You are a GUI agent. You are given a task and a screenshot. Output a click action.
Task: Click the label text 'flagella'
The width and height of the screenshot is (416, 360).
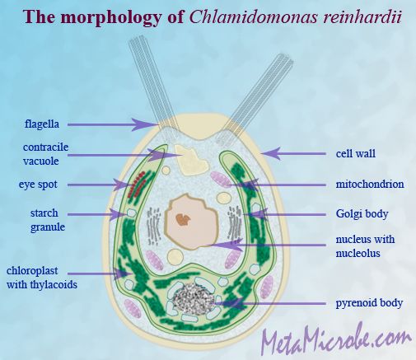(x=42, y=124)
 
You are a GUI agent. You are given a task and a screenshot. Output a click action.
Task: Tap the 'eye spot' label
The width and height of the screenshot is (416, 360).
(x=38, y=185)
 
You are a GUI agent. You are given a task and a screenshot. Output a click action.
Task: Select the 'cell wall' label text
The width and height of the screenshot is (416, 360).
(x=356, y=153)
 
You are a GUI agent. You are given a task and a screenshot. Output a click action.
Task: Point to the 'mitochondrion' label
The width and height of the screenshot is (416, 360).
(x=370, y=184)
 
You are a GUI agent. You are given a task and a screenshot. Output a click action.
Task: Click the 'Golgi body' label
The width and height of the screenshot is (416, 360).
(x=362, y=214)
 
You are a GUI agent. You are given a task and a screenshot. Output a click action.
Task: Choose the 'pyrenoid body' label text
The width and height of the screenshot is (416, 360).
(x=369, y=303)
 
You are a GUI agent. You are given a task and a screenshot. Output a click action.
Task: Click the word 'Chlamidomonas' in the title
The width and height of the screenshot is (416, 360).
(x=254, y=17)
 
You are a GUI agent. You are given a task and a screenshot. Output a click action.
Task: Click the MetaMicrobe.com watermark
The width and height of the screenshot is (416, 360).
(x=336, y=339)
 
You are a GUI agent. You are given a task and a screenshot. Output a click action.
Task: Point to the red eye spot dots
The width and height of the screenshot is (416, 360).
(x=137, y=185)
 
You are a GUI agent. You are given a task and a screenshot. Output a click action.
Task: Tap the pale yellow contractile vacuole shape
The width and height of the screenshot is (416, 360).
(x=191, y=160)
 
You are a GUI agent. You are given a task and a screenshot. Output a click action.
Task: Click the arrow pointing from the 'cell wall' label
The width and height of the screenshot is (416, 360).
(x=293, y=153)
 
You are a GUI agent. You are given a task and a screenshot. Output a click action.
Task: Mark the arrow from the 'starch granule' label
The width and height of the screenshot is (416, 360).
(x=96, y=214)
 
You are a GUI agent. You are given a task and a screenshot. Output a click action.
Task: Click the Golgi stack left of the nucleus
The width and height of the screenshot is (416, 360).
(x=154, y=227)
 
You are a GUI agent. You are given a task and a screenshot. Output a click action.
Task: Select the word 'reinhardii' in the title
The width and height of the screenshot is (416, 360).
(x=362, y=17)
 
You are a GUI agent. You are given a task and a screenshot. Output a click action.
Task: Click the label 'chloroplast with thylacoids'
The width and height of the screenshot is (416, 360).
(x=42, y=278)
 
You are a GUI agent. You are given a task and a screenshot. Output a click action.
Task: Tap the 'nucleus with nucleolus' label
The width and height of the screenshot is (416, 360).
(x=365, y=246)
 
